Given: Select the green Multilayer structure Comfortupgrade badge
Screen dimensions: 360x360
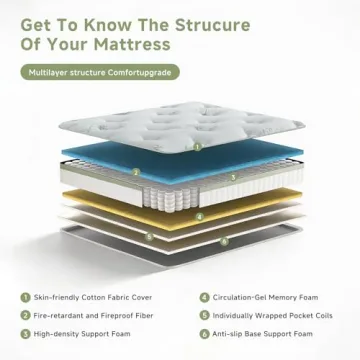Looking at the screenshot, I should point(101,73).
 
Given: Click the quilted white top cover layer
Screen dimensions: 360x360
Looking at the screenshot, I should point(180,125).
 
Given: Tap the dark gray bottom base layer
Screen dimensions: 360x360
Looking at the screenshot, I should point(180,253).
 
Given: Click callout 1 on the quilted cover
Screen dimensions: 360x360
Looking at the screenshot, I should point(198,145).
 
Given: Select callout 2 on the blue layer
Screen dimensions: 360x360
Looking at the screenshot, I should point(136,170).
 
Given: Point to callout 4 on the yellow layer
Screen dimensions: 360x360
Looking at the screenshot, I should point(200,215).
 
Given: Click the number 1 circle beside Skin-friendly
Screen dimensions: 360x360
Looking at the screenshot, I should point(24,297).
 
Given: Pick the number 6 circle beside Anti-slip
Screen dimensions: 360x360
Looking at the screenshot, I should point(204,333).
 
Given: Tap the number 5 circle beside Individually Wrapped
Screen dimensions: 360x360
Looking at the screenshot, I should point(204,315).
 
